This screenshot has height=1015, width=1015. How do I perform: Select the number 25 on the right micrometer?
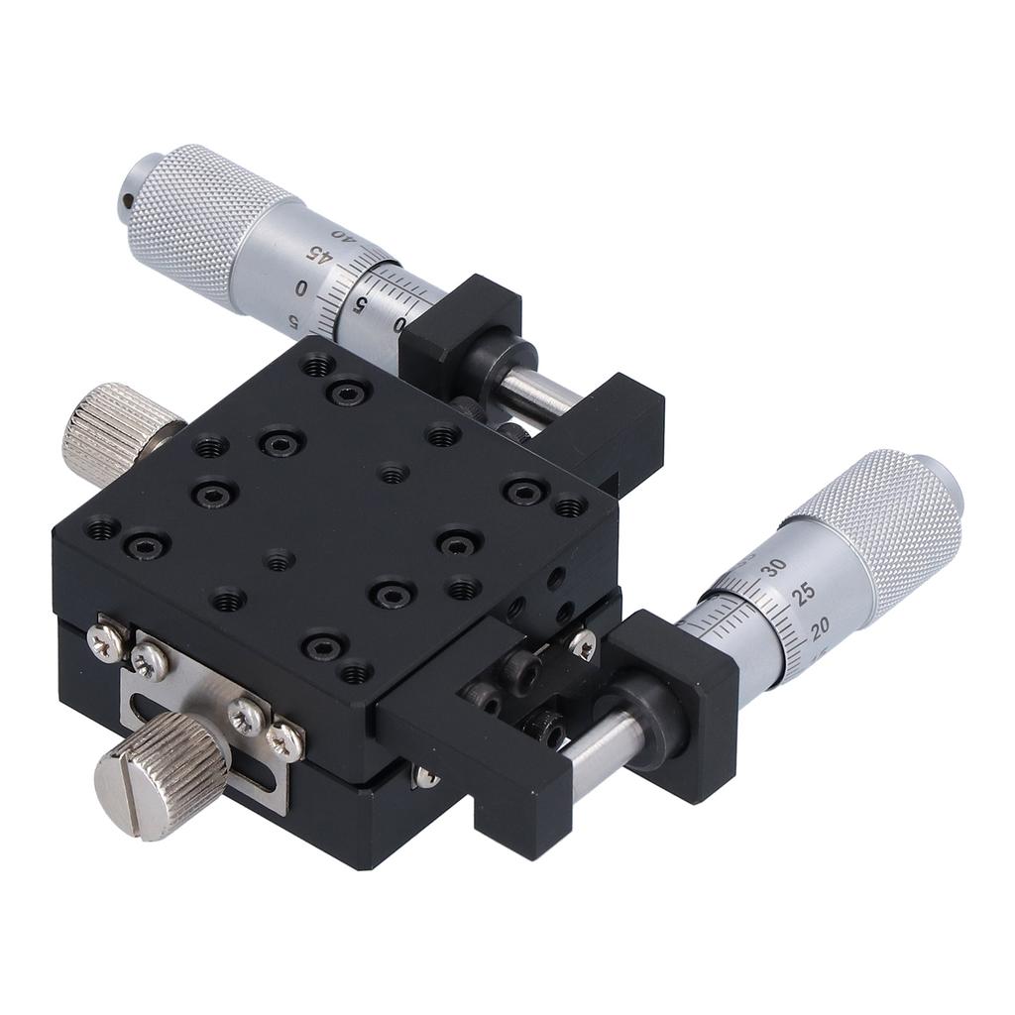click(804, 592)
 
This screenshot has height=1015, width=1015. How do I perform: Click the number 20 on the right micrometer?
click(820, 626)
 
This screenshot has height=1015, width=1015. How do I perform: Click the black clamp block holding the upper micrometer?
click(462, 323)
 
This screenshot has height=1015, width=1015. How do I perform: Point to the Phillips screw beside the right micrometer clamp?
click(582, 645)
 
